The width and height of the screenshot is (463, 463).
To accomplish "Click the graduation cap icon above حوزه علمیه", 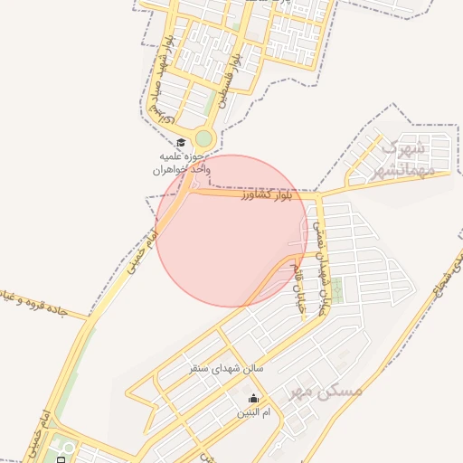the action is [181, 143].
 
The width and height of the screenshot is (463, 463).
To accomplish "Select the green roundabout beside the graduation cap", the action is [204, 138].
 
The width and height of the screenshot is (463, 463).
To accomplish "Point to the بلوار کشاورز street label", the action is [268, 195].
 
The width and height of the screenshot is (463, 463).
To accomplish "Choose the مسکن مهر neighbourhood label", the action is [335, 391].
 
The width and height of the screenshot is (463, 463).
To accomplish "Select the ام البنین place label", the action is [252, 412].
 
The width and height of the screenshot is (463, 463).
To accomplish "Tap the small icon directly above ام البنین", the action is [252, 399].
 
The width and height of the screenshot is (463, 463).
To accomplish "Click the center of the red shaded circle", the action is [232, 231].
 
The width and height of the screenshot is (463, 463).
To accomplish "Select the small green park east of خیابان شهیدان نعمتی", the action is [337, 290].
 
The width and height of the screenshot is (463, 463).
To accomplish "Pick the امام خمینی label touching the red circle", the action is [144, 250].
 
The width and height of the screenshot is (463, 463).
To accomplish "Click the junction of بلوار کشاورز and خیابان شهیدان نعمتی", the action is [317, 194].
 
